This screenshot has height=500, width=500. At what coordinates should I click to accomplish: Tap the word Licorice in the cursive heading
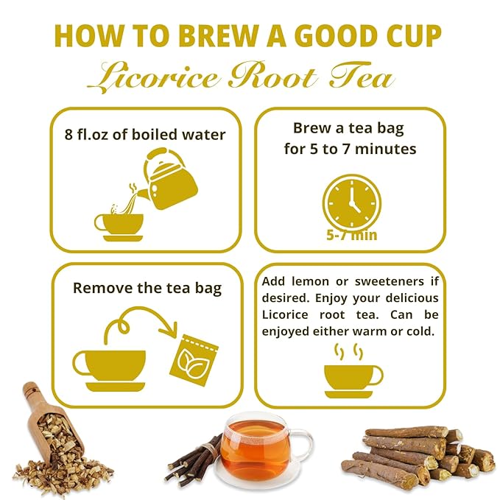coord(153,77)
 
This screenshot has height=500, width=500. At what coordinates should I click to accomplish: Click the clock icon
coord(352,203)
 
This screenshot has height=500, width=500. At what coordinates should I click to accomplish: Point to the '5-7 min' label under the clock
coord(352,235)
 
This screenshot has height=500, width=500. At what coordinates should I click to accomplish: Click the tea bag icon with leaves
coord(194,360)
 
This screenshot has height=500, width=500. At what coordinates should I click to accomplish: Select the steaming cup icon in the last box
coord(353,371)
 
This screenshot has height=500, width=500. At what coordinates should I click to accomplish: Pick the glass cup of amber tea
coord(259,451)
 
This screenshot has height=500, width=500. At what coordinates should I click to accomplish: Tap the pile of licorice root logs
coord(418,456)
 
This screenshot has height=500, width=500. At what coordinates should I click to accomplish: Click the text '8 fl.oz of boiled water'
coord(145,135)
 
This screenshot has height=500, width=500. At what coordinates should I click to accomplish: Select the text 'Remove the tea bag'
coord(147,288)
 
